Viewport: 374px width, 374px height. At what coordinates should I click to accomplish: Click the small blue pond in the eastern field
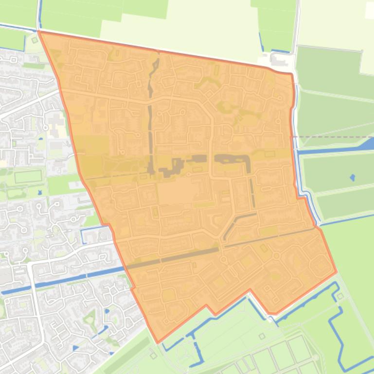tap(352, 177)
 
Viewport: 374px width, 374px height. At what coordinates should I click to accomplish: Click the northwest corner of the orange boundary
tap(39, 32)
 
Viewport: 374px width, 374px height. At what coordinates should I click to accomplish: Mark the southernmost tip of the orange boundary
tap(157, 342)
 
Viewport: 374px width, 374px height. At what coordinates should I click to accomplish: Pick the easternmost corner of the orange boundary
tap(336, 271)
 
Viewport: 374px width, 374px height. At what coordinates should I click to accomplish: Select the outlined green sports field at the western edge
tap(28, 177)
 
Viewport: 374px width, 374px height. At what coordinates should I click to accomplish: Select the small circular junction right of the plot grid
tap(319, 358)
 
